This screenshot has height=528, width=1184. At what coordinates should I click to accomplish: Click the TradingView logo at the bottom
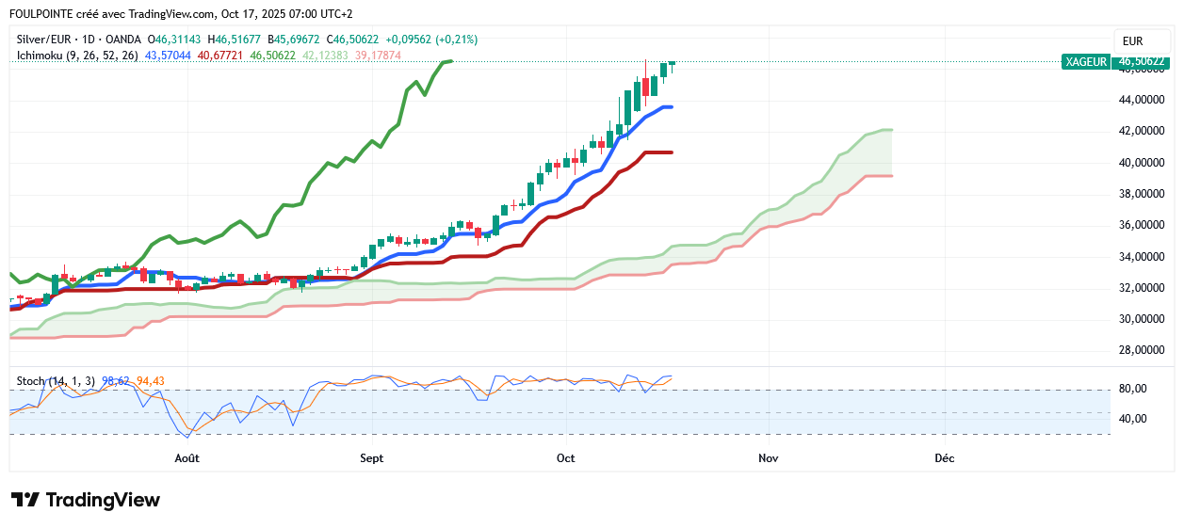click(86, 500)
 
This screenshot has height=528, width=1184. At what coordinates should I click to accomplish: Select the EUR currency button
click(1132, 41)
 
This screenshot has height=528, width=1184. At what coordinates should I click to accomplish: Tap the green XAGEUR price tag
click(1085, 61)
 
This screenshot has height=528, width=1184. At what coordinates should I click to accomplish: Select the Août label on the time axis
click(187, 458)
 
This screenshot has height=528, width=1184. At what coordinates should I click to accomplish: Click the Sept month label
click(372, 458)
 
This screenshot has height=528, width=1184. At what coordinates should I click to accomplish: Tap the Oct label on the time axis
click(566, 458)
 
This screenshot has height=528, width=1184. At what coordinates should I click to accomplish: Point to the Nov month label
click(769, 458)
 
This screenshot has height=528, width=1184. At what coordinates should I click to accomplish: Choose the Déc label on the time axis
click(944, 458)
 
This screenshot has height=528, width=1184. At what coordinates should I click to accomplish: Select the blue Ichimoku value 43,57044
click(168, 56)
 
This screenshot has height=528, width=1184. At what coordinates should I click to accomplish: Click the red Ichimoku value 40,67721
click(220, 56)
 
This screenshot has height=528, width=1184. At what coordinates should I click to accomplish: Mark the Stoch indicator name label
click(31, 381)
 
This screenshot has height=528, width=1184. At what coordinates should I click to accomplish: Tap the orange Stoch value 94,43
click(151, 381)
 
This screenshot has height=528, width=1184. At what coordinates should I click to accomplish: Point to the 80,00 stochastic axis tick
click(1131, 389)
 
